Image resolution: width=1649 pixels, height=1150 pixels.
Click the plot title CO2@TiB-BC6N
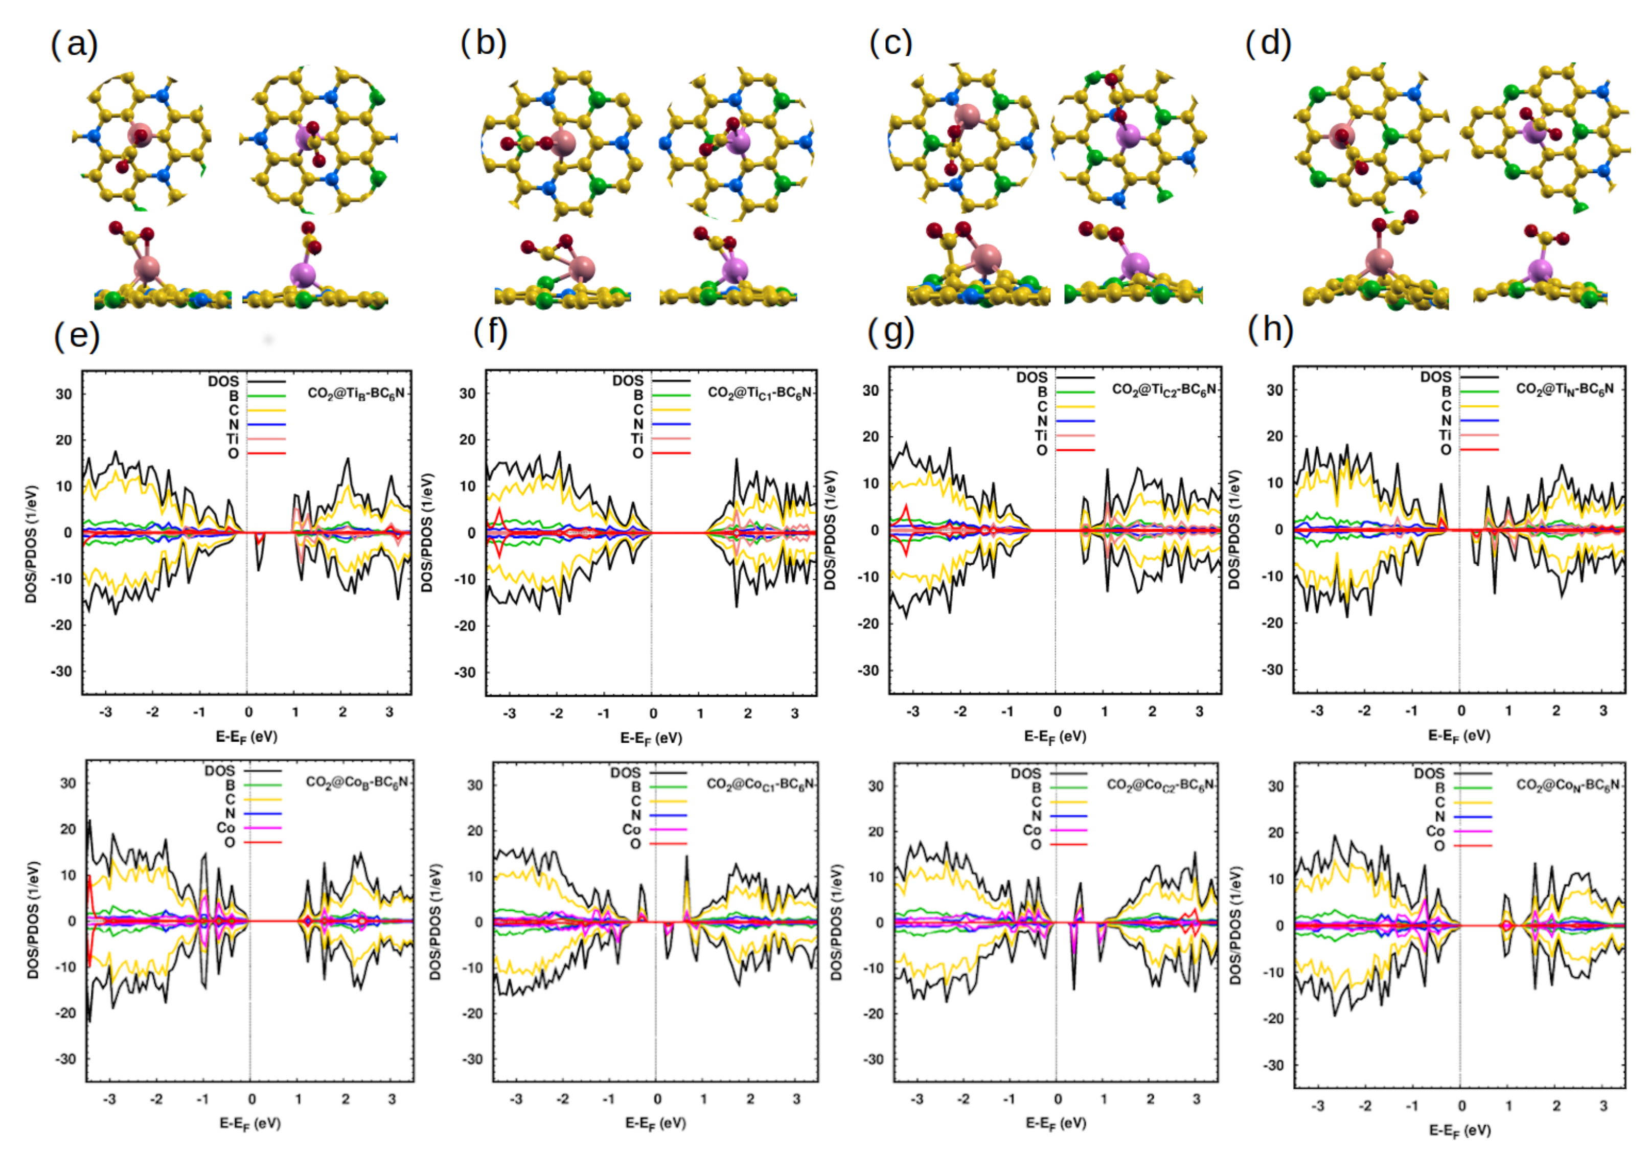click(x=356, y=394)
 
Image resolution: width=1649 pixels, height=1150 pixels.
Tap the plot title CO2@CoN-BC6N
click(x=1568, y=785)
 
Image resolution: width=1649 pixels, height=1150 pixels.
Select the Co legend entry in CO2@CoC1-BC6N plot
click(x=631, y=830)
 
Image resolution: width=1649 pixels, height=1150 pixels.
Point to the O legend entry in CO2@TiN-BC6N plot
click(x=1446, y=450)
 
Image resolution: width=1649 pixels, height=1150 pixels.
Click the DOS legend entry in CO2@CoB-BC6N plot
click(x=220, y=771)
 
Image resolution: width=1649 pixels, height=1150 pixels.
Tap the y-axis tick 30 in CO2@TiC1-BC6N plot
click(x=468, y=394)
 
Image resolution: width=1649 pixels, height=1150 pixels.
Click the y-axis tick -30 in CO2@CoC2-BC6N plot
click(x=875, y=1060)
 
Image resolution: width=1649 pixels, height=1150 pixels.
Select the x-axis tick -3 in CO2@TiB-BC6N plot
click(x=106, y=712)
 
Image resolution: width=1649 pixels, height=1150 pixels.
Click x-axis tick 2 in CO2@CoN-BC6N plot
click(x=1555, y=1106)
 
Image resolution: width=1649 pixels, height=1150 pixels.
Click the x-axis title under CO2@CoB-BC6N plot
click(x=249, y=1123)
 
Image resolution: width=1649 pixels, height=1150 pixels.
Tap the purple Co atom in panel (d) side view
click(x=1540, y=271)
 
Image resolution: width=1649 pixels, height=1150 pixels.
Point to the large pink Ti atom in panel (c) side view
click(x=986, y=258)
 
